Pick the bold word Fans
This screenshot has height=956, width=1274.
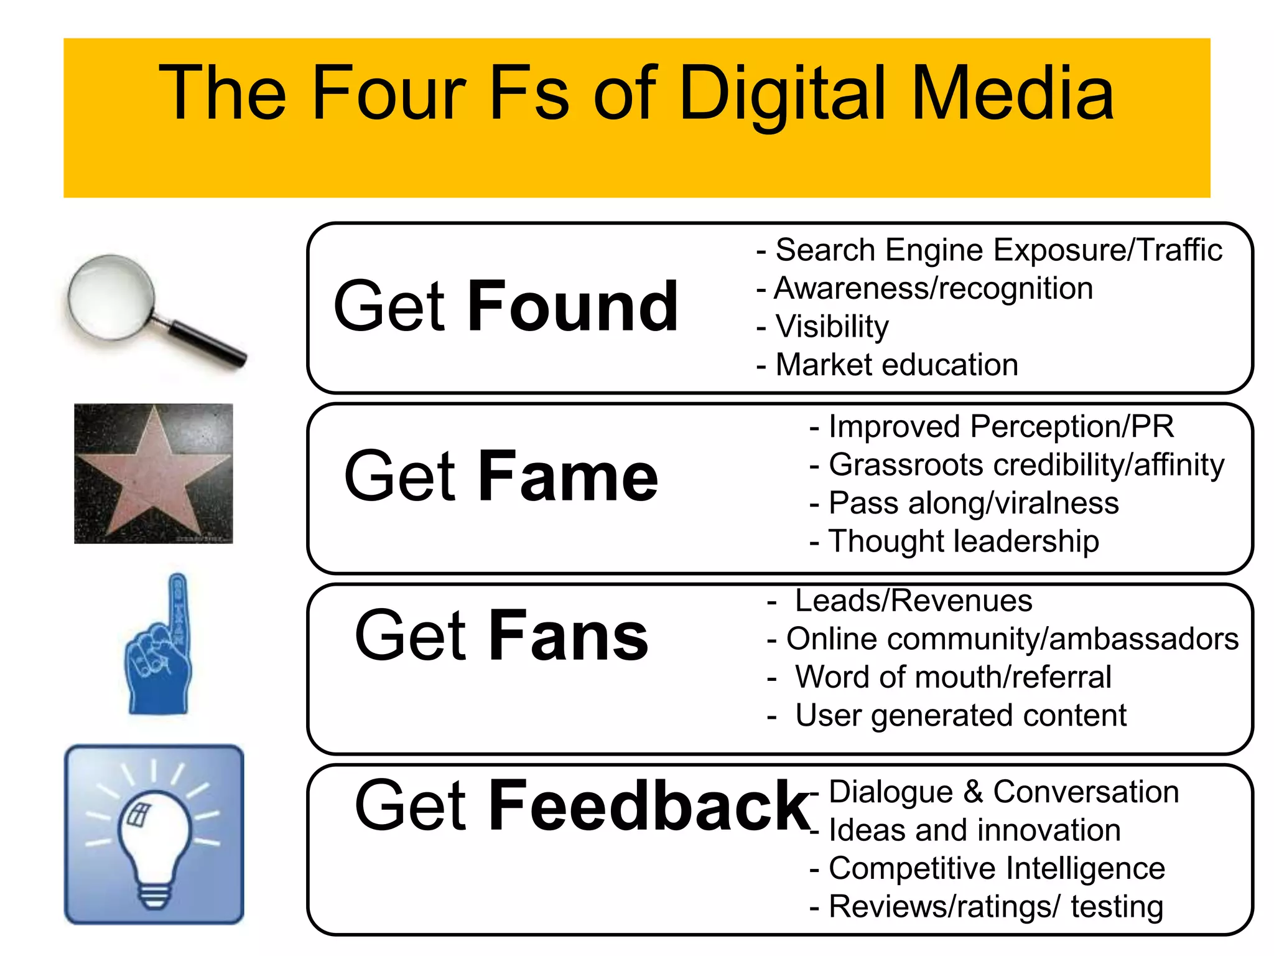[x=569, y=635]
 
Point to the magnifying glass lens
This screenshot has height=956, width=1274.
[x=112, y=296]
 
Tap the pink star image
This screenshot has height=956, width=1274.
[x=153, y=473]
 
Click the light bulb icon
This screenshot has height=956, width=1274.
[x=154, y=834]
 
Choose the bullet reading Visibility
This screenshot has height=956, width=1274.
[x=832, y=327]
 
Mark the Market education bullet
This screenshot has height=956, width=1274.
[x=896, y=365]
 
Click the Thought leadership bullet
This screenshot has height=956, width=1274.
[x=963, y=541]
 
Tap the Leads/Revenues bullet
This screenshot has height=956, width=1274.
[x=913, y=601]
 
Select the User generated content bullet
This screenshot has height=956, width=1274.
[x=960, y=715]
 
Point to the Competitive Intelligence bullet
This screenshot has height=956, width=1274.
[x=996, y=868]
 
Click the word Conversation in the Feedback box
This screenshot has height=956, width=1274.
[x=1086, y=792]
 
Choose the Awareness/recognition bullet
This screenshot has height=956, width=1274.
[x=933, y=289]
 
